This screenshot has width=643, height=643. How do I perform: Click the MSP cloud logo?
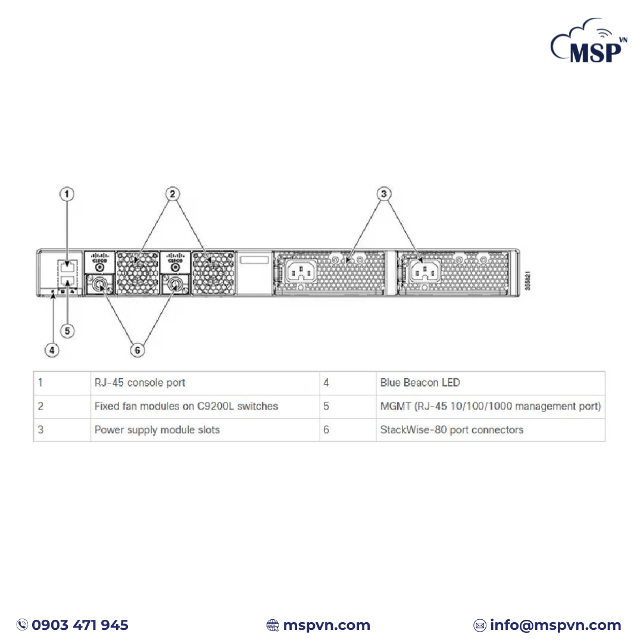click(x=588, y=40)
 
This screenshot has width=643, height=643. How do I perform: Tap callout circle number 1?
click(x=67, y=194)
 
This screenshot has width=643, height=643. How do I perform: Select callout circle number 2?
click(x=172, y=194)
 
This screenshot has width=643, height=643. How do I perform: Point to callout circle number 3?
click(x=384, y=194)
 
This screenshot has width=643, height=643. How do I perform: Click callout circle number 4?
click(x=52, y=350)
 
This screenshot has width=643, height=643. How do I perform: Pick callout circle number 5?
click(x=67, y=331)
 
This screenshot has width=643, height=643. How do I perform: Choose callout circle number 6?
click(x=138, y=350)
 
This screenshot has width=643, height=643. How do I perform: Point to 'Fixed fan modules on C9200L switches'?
click(x=186, y=406)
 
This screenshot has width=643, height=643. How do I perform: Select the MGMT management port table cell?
click(x=491, y=406)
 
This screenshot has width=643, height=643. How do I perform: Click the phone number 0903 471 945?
click(x=80, y=625)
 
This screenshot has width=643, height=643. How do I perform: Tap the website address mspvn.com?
click(x=326, y=625)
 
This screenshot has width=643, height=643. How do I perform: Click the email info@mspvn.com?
click(x=555, y=625)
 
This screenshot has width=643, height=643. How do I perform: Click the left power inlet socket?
click(x=301, y=271)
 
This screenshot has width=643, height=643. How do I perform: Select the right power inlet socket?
click(x=425, y=271)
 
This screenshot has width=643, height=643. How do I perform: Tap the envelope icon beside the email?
click(x=479, y=625)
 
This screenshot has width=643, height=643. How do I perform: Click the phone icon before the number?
click(x=22, y=625)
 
